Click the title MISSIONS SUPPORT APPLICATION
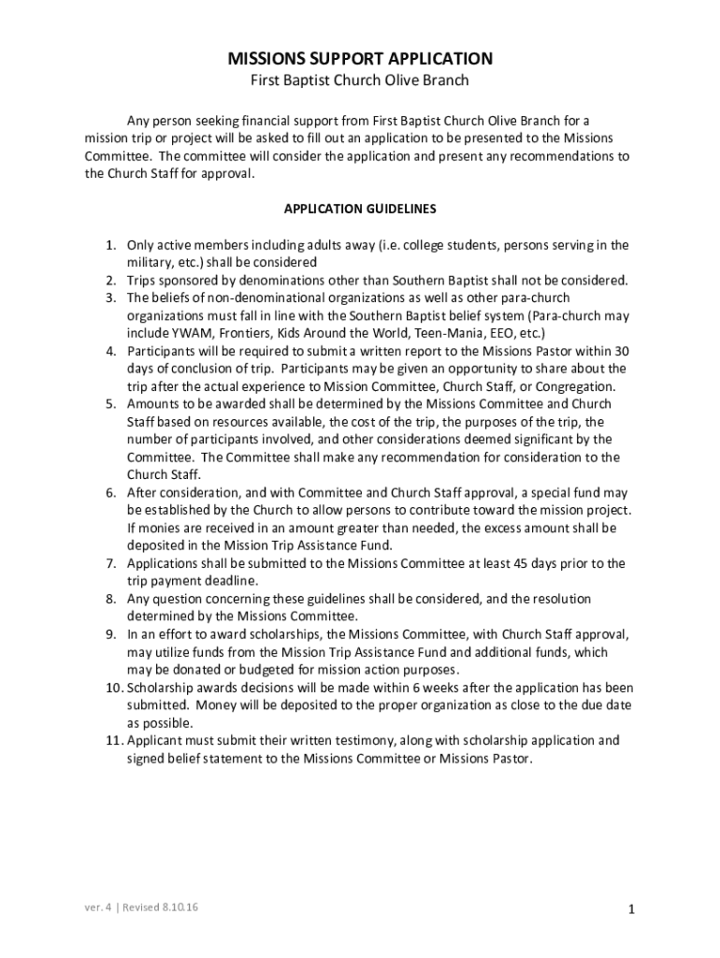pyautogui.click(x=360, y=59)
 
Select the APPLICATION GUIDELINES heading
pyautogui.click(x=360, y=208)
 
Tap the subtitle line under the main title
pyautogui.click(x=360, y=81)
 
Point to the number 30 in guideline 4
pyautogui.click(x=621, y=351)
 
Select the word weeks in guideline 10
pyautogui.click(x=380, y=688)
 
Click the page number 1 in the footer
pyautogui.click(x=632, y=909)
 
